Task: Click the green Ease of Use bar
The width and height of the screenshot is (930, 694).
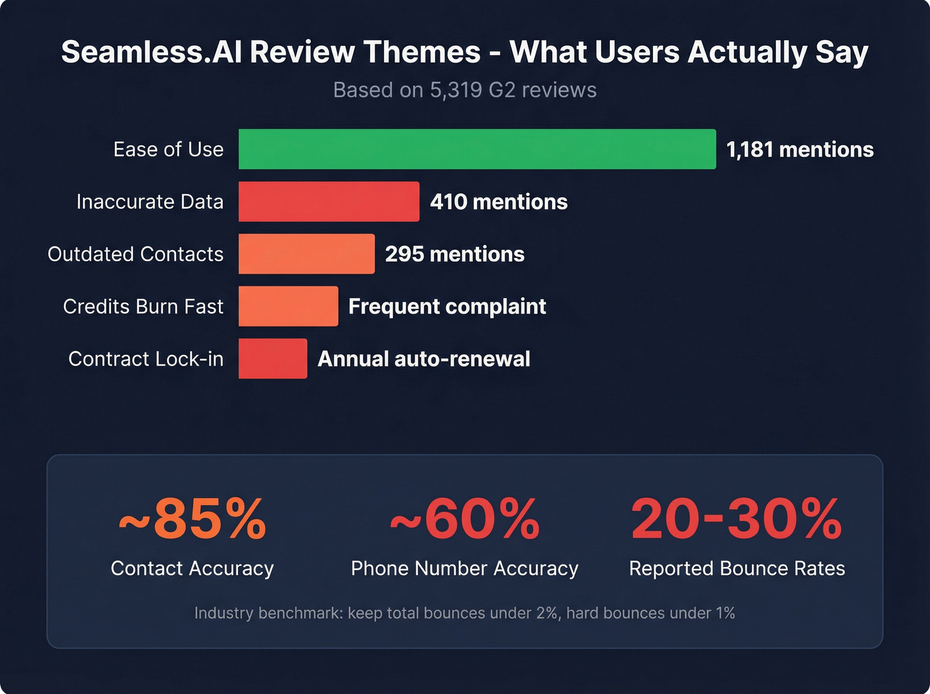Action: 477,149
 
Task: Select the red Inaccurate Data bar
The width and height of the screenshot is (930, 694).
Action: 329,202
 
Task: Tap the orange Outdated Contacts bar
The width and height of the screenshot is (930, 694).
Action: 306,254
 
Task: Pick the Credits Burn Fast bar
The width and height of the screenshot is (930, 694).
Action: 288,306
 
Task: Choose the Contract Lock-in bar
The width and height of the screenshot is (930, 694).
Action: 272,359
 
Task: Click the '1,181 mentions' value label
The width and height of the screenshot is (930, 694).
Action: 800,149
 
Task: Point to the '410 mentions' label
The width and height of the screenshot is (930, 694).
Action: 499,202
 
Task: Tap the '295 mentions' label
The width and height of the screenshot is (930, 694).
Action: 454,254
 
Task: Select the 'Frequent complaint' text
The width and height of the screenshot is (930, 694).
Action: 447,306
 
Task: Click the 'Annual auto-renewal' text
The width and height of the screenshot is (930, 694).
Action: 424,359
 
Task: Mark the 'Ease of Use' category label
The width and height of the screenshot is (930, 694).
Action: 168,149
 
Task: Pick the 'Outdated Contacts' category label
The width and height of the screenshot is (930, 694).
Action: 136,254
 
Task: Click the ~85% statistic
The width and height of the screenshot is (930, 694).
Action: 193,519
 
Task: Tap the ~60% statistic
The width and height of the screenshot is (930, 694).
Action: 465,519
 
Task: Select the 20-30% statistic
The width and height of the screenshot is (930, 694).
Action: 737,519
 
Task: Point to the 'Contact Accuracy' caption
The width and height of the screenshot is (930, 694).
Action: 193,568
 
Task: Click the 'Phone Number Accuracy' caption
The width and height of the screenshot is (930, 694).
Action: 465,568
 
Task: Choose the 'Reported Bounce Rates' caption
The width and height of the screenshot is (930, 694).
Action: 737,568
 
